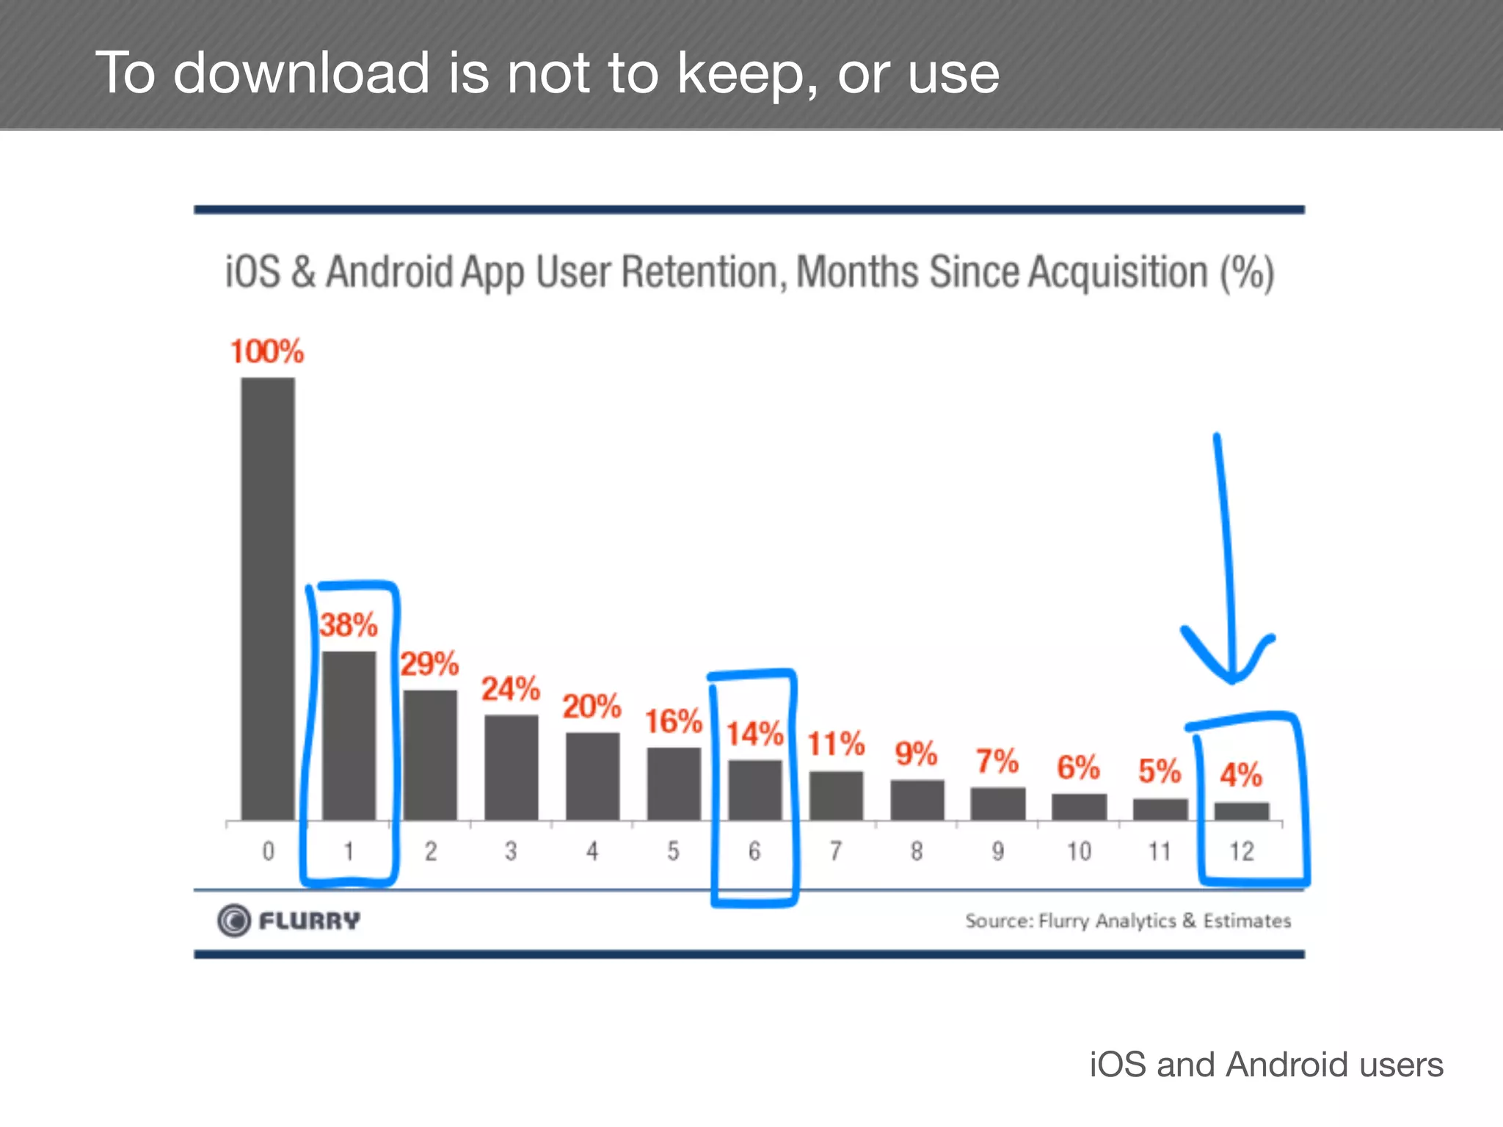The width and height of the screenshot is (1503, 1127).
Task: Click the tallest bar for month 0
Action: (268, 598)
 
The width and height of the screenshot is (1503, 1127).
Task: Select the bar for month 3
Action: (511, 767)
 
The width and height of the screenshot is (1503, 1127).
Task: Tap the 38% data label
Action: (349, 625)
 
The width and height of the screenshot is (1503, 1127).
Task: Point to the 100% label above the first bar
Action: (266, 351)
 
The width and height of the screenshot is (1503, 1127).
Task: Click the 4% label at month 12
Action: (1241, 775)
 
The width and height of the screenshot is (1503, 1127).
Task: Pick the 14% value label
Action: (754, 734)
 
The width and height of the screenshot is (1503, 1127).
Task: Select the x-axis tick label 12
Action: (1242, 851)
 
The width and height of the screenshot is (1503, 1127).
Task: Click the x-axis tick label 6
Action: (754, 851)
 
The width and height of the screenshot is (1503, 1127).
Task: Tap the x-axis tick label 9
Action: (997, 851)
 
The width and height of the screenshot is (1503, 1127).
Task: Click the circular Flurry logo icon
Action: (234, 920)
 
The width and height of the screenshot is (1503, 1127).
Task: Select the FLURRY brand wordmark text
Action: (309, 921)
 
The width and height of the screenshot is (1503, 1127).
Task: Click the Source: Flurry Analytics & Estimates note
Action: (1127, 921)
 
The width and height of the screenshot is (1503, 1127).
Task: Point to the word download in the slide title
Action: (301, 73)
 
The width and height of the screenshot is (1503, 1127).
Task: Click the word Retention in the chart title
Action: (699, 272)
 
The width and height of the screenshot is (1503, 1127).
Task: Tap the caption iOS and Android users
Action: (1265, 1065)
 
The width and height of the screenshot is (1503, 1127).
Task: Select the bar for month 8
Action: (917, 800)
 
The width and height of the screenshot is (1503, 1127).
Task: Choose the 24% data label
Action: (510, 689)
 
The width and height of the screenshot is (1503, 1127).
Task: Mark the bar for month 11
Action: (1160, 809)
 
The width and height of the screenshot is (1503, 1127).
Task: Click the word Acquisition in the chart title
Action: (1117, 272)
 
